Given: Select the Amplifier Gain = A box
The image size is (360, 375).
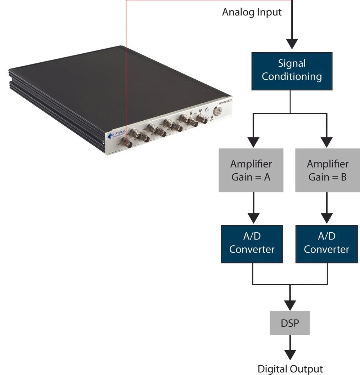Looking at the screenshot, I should [x=251, y=170].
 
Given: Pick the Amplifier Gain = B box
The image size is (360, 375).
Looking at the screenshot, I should [x=328, y=170].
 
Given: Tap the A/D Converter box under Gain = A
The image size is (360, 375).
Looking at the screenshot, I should [x=252, y=243].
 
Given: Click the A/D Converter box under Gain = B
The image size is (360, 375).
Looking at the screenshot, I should [x=327, y=243].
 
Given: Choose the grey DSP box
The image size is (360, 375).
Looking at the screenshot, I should [x=290, y=323].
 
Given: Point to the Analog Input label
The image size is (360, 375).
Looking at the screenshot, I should [x=252, y=12].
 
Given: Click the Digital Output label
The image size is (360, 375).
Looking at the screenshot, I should [x=290, y=369].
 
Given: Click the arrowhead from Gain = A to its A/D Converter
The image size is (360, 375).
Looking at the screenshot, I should [x=254, y=217].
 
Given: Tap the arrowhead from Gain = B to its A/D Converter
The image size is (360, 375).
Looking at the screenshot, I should [x=327, y=217].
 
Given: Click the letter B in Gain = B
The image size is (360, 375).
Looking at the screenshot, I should [x=343, y=177].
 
